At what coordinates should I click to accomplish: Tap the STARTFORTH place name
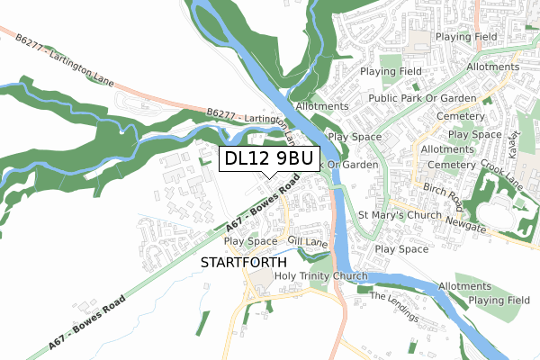(235, 263)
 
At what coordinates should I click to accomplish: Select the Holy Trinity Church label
(321, 275)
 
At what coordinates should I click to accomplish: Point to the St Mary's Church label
(400, 216)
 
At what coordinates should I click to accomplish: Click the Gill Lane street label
(307, 242)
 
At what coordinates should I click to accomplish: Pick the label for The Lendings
(394, 307)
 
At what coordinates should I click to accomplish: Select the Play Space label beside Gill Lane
(250, 241)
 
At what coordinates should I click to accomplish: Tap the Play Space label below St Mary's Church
(401, 248)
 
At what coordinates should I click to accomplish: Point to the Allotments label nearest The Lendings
(465, 286)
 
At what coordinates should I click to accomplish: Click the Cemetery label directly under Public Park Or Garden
(459, 117)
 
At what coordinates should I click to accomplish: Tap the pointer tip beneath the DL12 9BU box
(268, 177)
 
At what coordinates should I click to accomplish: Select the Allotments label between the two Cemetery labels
(447, 149)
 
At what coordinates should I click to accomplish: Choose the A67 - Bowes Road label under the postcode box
(262, 209)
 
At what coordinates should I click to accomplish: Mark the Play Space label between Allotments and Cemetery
(474, 134)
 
